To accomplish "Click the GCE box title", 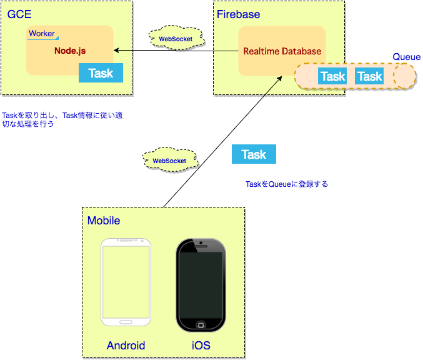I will pyautogui.click(x=19, y=14).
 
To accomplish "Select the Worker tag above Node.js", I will pyautogui.click(x=42, y=34).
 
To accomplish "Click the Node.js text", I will pyautogui.click(x=69, y=51).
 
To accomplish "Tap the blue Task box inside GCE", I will pyautogui.click(x=101, y=73).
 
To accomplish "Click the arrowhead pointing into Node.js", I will pyautogui.click(x=116, y=51).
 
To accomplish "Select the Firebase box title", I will pyautogui.click(x=238, y=14).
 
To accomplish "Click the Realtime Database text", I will pyautogui.click(x=282, y=51).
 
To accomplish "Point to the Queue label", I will pyautogui.click(x=406, y=57).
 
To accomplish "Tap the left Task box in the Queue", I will pyautogui.click(x=332, y=76).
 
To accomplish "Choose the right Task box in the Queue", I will pyautogui.click(x=369, y=76).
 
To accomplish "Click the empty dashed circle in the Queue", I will pyautogui.click(x=404, y=76).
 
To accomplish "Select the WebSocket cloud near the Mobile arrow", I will pyautogui.click(x=169, y=160).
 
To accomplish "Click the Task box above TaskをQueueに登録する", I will pyautogui.click(x=254, y=154).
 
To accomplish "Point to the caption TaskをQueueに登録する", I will pyautogui.click(x=287, y=184).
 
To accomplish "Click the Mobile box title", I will pyautogui.click(x=104, y=221).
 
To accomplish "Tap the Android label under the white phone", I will pyautogui.click(x=126, y=346).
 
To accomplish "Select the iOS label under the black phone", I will pyautogui.click(x=201, y=346).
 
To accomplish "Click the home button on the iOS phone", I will pyautogui.click(x=201, y=325).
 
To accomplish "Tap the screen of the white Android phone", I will pyautogui.click(x=126, y=282).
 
